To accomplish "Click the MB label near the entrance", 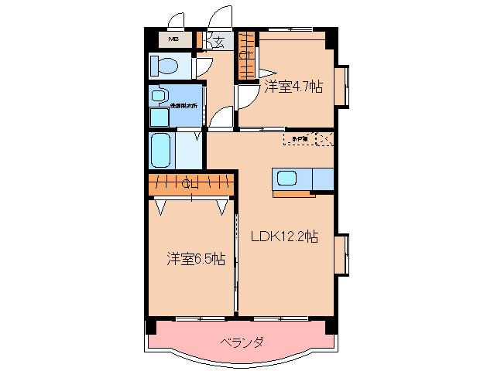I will (x=174, y=39).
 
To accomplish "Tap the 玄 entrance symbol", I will (x=219, y=43).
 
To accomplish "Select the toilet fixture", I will (x=164, y=65).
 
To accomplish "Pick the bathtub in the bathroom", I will (x=160, y=149).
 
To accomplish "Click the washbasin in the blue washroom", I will (x=159, y=96).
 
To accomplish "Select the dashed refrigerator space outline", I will (x=300, y=139).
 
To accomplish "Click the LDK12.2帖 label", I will (x=283, y=237).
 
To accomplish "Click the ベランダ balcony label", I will (x=242, y=341).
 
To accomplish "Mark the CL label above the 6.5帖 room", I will (x=189, y=184).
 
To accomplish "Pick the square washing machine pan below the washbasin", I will (x=160, y=117).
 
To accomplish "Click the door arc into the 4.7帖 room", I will (x=246, y=97).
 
